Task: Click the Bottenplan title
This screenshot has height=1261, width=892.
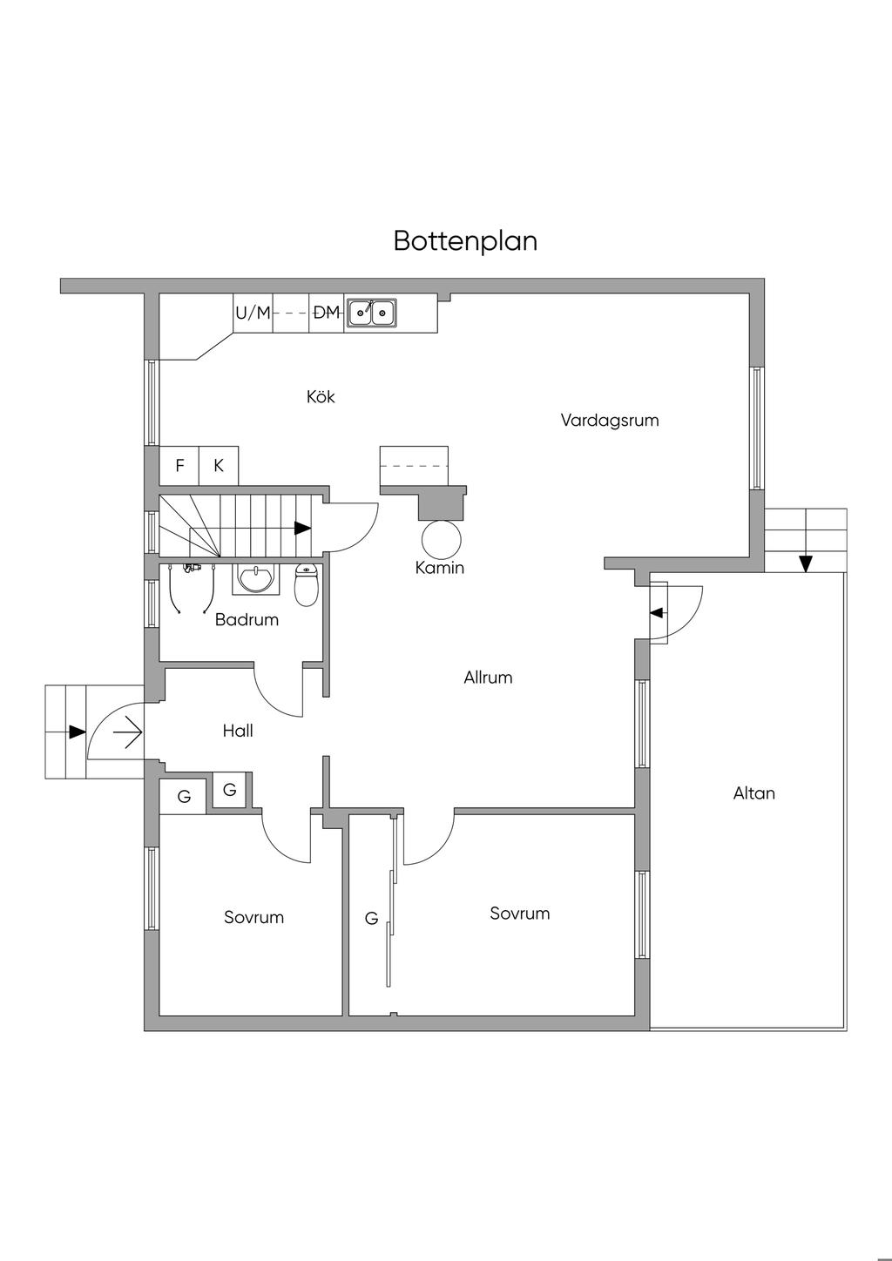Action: pos(465,240)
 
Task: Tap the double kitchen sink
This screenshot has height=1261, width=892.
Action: pos(372,312)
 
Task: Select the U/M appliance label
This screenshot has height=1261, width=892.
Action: pos(253,313)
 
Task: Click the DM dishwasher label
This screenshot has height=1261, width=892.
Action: pos(326,313)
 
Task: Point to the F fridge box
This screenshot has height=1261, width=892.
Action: pos(179,466)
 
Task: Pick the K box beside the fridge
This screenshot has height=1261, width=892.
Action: pos(219,466)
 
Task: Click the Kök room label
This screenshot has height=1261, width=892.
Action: pos(321,397)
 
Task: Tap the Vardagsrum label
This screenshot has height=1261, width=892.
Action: pos(609,421)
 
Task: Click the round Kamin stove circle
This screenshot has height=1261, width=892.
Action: pos(442,539)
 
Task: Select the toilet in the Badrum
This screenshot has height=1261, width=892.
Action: pos(306,585)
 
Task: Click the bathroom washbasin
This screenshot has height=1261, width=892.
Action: pos(255,578)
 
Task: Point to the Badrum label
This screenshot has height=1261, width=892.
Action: pos(247,620)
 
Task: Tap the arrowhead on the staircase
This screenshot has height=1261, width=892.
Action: pos(302,528)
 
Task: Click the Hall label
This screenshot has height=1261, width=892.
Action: pos(238,731)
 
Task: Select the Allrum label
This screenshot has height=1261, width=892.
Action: pos(488,678)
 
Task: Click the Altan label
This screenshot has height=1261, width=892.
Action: pos(753,793)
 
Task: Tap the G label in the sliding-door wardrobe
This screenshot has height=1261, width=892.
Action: pos(371,918)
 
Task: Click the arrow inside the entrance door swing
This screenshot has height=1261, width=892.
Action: pos(127,732)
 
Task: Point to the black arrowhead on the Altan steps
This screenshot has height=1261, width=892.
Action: pos(806,563)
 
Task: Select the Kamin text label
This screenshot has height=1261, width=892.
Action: pos(440,568)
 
